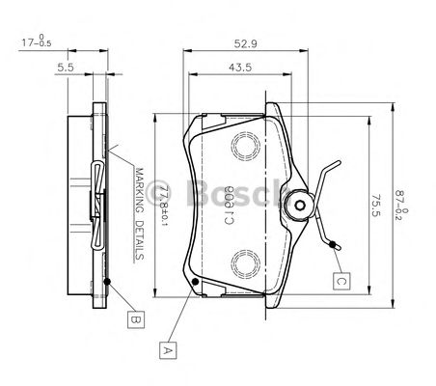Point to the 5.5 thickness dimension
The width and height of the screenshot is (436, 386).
click(x=67, y=68)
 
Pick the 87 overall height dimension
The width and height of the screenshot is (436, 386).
click(x=404, y=205)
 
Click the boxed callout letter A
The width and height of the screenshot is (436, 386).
click(x=170, y=350)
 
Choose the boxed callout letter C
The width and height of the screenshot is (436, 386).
click(x=341, y=282)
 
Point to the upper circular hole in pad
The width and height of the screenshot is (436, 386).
click(x=249, y=146)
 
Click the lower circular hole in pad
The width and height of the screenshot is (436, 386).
click(x=249, y=261)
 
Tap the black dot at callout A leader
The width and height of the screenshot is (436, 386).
click(x=196, y=282)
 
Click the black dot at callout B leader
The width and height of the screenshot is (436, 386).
click(x=107, y=282)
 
